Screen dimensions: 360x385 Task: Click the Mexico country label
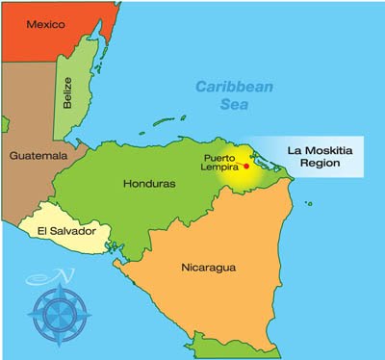pos(45,24)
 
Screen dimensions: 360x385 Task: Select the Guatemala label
pos(36,155)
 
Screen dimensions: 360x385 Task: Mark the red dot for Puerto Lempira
pos(246,167)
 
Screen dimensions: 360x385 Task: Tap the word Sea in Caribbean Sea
pos(236,103)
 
